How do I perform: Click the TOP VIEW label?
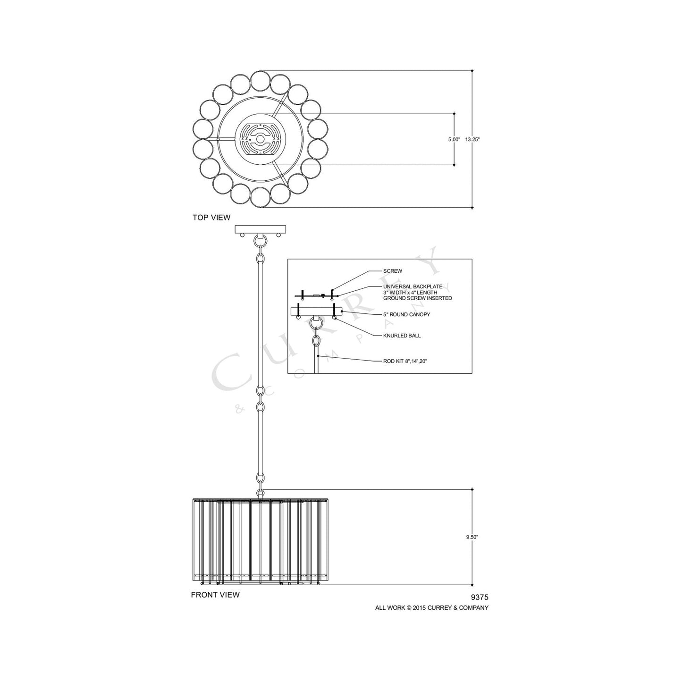coord(211,218)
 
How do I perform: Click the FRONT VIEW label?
coord(215,595)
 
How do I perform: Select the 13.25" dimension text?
coord(472,140)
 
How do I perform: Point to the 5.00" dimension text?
coord(454,140)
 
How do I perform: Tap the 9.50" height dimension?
coord(472,537)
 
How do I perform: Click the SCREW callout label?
coord(392,271)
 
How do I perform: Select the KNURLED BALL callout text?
coord(402,336)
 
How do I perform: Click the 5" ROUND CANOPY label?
coord(406,314)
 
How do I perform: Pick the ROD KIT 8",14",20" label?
coord(405,361)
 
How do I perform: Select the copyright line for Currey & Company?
coord(431,608)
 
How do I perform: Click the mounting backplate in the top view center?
coord(259,139)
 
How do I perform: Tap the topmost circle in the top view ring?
coord(260,80)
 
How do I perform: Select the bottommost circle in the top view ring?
coord(260,198)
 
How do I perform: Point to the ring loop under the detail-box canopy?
coord(317,323)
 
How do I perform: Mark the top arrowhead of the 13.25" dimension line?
coord(472,71)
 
